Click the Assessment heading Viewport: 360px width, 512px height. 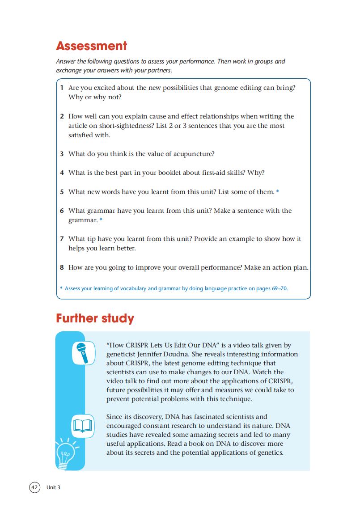click(91, 46)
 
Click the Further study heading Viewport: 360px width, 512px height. click(95, 318)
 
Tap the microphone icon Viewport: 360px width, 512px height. click(83, 353)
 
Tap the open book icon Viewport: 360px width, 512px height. click(83, 425)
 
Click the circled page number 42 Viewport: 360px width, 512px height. click(34, 487)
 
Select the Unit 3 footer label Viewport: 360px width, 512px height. click(53, 487)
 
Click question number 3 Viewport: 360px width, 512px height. click(62, 154)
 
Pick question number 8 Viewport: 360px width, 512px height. click(62, 267)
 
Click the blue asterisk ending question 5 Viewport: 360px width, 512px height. click(278, 192)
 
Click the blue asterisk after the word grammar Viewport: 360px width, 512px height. click(101, 220)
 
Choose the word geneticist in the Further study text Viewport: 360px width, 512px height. click(121, 354)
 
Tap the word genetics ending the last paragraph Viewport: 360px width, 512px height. click(270, 453)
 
